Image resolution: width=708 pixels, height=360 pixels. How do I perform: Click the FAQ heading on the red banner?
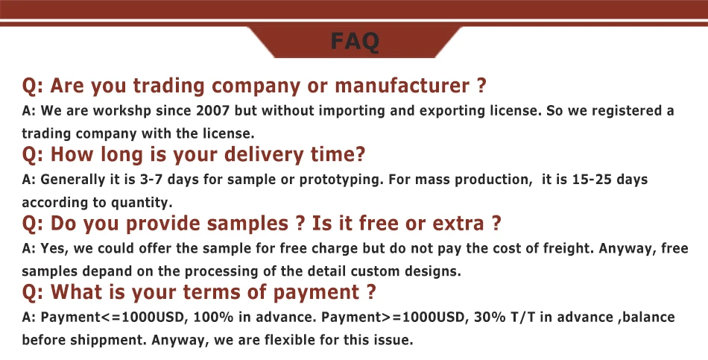click(355, 42)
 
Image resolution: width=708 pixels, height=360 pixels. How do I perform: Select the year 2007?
click(212, 111)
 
